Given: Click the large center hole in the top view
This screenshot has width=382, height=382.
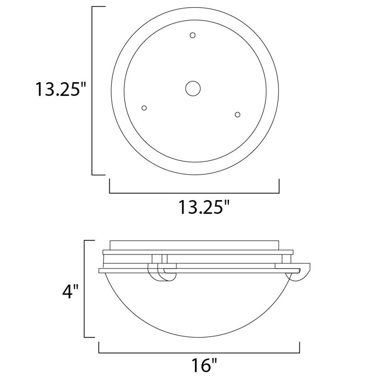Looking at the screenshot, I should tap(193, 88).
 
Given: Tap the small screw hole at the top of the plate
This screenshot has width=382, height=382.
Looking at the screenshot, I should tap(193, 35).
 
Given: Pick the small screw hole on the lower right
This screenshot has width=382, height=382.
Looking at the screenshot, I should tap(237, 114).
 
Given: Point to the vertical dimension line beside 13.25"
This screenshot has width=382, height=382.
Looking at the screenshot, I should tap(92, 91).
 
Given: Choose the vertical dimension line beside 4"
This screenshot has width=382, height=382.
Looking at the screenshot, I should tap(85, 289).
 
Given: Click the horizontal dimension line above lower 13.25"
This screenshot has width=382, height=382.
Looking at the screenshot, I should tap(194, 193).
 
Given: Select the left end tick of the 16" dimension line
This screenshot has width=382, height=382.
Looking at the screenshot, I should tap(99, 347).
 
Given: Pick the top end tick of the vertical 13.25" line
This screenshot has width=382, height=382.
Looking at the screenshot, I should tap(98, 7).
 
